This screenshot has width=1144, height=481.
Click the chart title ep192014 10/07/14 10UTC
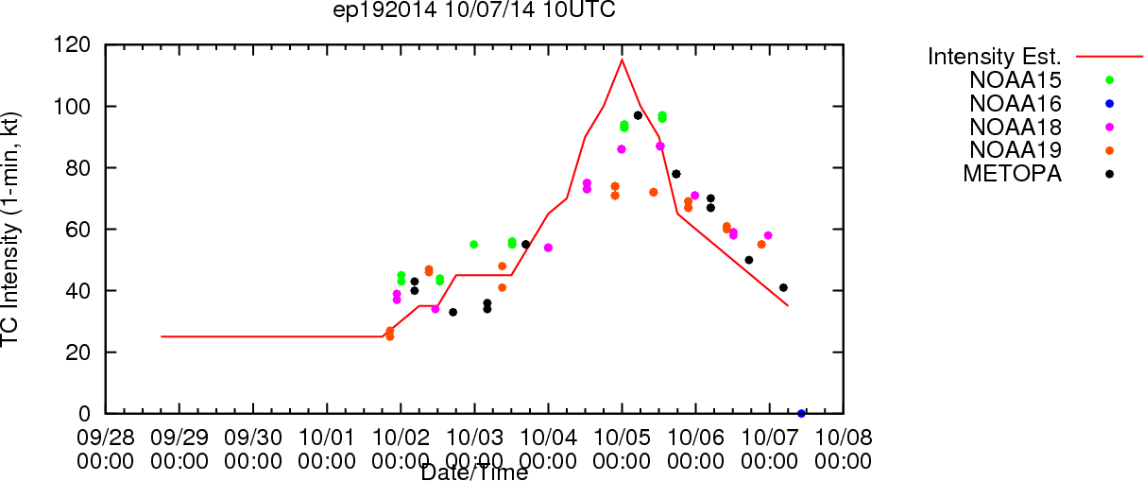coord(474,9)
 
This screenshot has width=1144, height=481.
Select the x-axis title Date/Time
coord(474,472)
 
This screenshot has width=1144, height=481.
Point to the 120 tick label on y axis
coord(72,45)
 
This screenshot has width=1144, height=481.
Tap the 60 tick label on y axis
coord(78,230)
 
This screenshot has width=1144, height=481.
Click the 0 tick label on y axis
coord(84,414)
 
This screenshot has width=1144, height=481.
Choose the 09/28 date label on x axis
coord(106,438)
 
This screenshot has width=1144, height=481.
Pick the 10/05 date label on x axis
coord(622,438)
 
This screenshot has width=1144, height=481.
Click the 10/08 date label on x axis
coord(844,438)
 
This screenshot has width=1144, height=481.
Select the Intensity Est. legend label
coord(995,57)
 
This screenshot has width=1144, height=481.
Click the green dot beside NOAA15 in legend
coord(1109,80)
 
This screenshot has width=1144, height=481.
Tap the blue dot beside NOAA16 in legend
coord(1109,104)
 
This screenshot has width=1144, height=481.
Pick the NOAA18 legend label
coord(1016,128)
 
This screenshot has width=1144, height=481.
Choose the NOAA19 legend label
coord(1016,150)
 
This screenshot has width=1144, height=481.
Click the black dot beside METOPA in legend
coord(1109,174)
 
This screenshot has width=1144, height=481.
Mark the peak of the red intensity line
coord(622,60)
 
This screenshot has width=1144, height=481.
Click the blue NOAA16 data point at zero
coord(801,414)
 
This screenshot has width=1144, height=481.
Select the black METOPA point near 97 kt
coord(638,115)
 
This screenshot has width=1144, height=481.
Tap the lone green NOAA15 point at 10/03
coord(473,245)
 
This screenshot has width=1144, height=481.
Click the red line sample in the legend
coord(1109,57)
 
